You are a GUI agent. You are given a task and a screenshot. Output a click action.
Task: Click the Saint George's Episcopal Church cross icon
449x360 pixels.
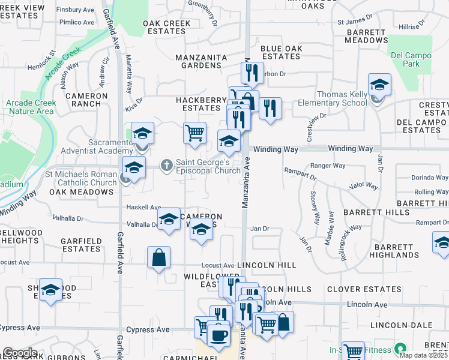167,164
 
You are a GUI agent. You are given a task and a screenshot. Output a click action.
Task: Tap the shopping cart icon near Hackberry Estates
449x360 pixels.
194,133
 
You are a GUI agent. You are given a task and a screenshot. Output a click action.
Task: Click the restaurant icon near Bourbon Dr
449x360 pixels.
252,73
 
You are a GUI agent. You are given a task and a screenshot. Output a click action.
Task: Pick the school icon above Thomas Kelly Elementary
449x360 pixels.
379,85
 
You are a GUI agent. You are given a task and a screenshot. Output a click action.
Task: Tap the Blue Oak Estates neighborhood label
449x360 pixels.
280,52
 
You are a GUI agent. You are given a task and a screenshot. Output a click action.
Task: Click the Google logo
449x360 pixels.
20,353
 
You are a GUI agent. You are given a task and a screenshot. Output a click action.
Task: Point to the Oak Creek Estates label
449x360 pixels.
167,27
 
